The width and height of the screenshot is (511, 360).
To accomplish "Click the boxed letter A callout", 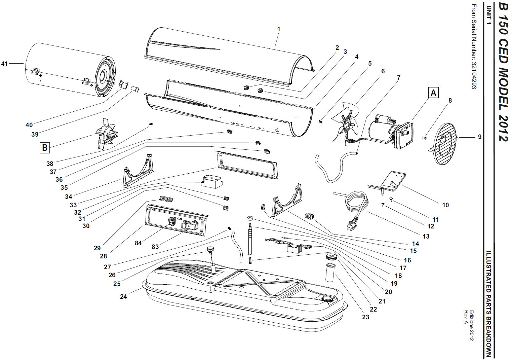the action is [433, 93].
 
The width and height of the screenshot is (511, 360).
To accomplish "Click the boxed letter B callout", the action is [45, 147].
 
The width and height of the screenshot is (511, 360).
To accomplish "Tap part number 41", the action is [4, 64].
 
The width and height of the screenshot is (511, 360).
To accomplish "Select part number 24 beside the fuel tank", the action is [123, 296].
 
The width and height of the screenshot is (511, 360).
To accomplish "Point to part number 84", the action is [138, 243].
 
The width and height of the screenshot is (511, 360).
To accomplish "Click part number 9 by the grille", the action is [480, 137].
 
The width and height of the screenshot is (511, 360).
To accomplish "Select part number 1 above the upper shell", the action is [279, 29].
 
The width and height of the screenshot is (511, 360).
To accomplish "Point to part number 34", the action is [68, 196].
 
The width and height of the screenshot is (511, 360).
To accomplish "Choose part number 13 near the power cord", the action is [426, 236].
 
